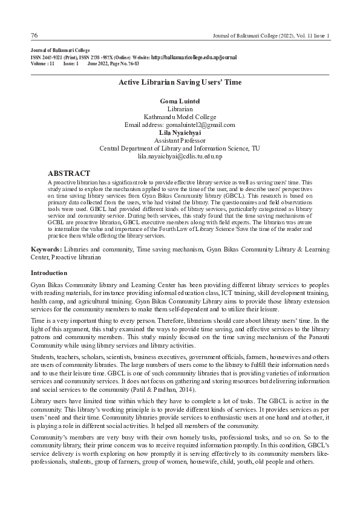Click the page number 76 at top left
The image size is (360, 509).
pyautogui.click(x=34, y=36)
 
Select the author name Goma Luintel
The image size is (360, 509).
pyautogui.click(x=180, y=100)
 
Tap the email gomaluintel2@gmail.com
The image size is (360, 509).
pyautogui.click(x=180, y=125)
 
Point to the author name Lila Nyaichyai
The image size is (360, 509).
pyautogui.click(x=180, y=132)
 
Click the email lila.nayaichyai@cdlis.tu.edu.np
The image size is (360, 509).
pyautogui.click(x=180, y=157)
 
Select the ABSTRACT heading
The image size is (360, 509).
pyautogui.click(x=69, y=173)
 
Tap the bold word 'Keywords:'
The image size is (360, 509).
pyautogui.click(x=46, y=249)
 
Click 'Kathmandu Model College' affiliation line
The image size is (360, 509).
pyautogui.click(x=180, y=116)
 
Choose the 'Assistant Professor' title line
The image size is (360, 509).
pyautogui.click(x=180, y=140)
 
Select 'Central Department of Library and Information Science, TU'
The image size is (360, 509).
pyautogui.click(x=180, y=148)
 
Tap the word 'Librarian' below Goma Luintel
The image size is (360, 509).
pyautogui.click(x=180, y=108)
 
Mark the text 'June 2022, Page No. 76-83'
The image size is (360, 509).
pyautogui.click(x=113, y=63)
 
